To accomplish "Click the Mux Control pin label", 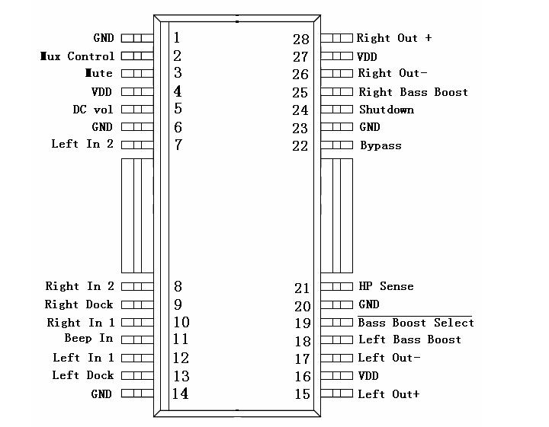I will pyautogui.click(x=78, y=56).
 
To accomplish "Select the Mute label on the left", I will pyautogui.click(x=99, y=74).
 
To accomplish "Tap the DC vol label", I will pyautogui.click(x=93, y=110).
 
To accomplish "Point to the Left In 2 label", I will pyautogui.click(x=82, y=144).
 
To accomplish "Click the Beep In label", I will pyautogui.click(x=88, y=338).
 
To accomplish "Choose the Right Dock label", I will pyautogui.click(x=79, y=304).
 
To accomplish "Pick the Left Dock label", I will pyautogui.click(x=83, y=375).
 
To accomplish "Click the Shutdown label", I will pyautogui.click(x=387, y=110).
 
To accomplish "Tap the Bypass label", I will pyautogui.click(x=380, y=145).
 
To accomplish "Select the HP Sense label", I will pyautogui.click(x=386, y=287).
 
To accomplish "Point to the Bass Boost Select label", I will pyautogui.click(x=416, y=323).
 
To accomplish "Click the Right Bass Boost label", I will pyautogui.click(x=413, y=92).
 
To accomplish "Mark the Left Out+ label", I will pyautogui.click(x=389, y=394).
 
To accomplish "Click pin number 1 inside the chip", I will pyautogui.click(x=177, y=37).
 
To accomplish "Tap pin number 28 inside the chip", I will pyautogui.click(x=301, y=40).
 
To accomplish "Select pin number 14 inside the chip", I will pyautogui.click(x=180, y=394).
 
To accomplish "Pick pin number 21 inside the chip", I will pyautogui.click(x=302, y=288).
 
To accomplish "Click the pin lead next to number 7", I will pyautogui.click(x=137, y=145).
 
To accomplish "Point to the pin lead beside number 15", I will pyautogui.click(x=336, y=394).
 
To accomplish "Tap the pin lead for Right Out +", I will pyautogui.click(x=336, y=37).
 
